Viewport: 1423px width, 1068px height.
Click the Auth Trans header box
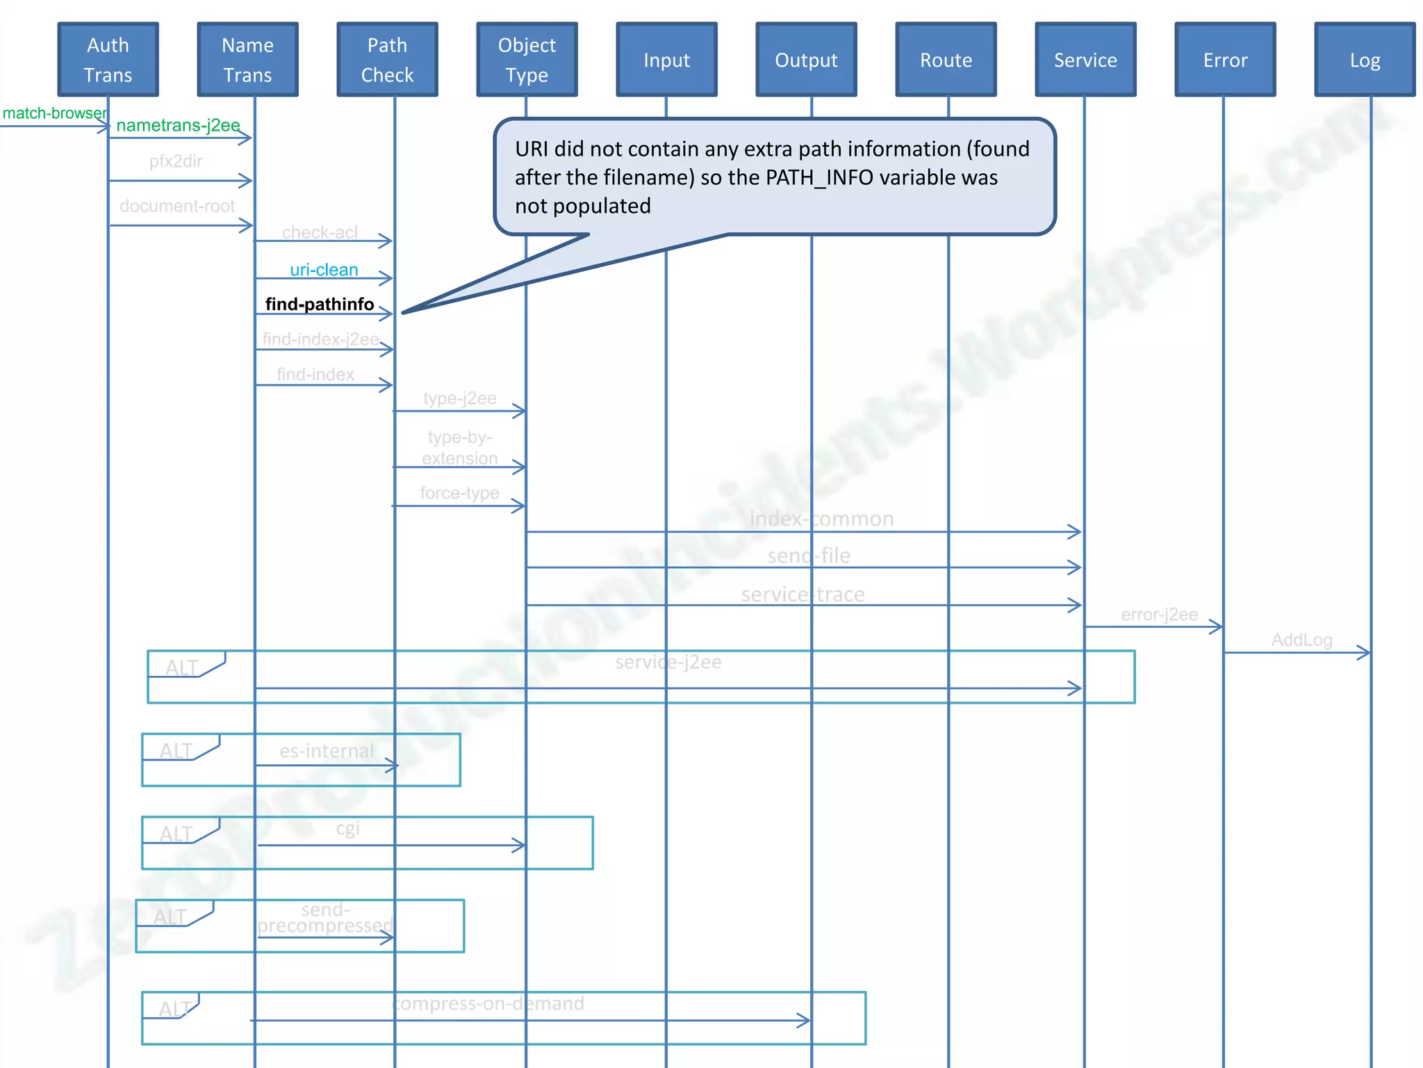coord(108,60)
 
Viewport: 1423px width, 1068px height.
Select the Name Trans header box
coord(248,60)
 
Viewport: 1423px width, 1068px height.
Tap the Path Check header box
coord(388,60)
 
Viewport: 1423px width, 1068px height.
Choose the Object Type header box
coord(527,60)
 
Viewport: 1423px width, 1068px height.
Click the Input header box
coord(667,60)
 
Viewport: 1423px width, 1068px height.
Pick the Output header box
coord(807,60)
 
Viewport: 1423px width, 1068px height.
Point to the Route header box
coord(946,60)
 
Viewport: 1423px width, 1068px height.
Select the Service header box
coord(1086,60)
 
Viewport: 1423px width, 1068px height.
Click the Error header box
coord(1226,60)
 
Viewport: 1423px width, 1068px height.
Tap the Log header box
coord(1365,60)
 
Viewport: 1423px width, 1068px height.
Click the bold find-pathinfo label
coord(320,304)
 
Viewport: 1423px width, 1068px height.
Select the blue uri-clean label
coord(324,270)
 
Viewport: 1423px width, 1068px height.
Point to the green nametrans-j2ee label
coord(179,125)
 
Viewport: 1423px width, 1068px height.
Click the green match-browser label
coord(55,113)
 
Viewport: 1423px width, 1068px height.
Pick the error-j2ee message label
coord(1159,615)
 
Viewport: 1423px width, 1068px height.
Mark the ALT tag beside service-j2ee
coord(182,667)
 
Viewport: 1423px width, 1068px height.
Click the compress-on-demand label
coord(488,1003)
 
